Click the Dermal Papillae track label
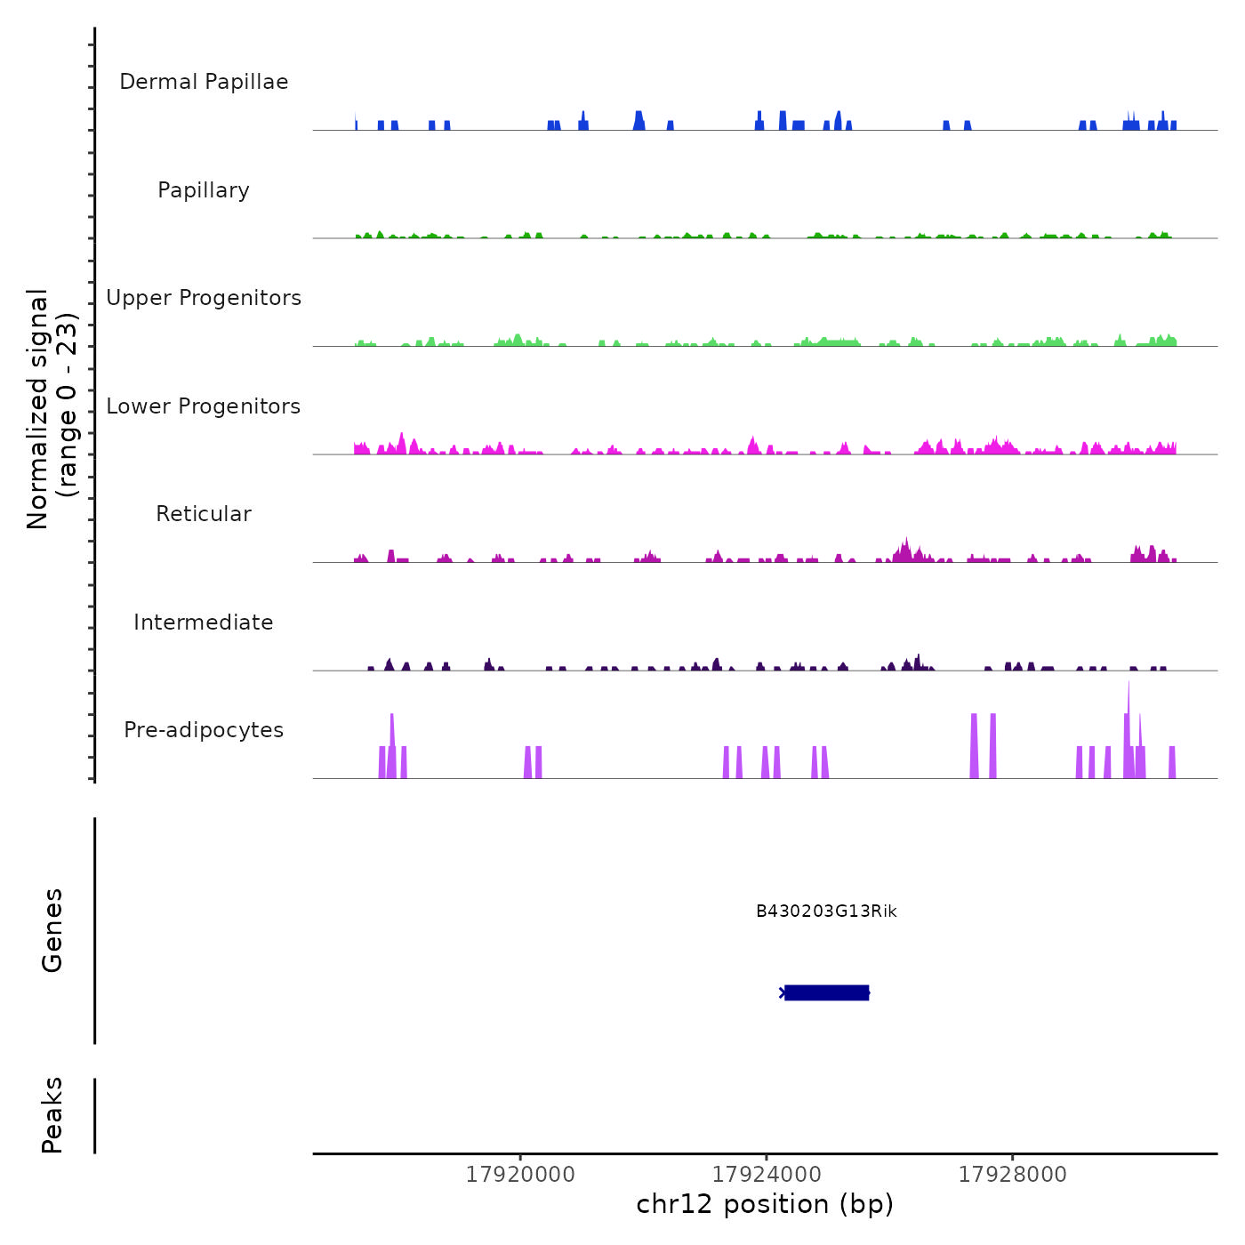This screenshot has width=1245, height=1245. click(x=204, y=82)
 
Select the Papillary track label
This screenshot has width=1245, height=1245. click(x=204, y=190)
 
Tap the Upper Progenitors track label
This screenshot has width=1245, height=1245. click(x=204, y=298)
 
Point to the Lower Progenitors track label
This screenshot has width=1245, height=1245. click(x=204, y=406)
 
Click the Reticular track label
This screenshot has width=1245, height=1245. click(x=204, y=514)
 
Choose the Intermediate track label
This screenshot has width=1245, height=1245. click(x=204, y=622)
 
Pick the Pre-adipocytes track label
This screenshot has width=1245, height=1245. click(x=204, y=730)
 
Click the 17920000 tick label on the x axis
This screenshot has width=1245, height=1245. click(x=520, y=1175)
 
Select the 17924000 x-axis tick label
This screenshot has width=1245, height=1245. click(x=767, y=1175)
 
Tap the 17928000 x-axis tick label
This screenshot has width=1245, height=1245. click(x=1012, y=1175)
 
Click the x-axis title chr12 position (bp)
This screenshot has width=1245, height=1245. click(x=765, y=1204)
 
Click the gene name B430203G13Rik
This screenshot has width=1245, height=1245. click(x=826, y=912)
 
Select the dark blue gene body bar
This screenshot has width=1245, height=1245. click(x=826, y=992)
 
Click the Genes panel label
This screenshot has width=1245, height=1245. click(x=52, y=930)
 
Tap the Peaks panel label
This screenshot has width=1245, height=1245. click(x=52, y=1115)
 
